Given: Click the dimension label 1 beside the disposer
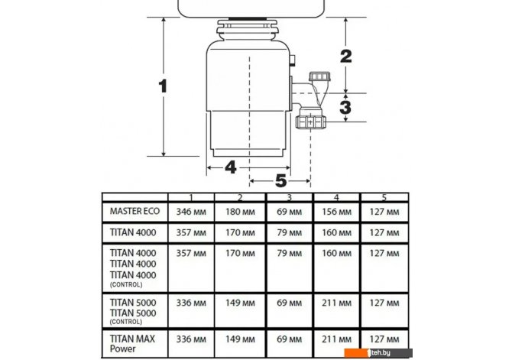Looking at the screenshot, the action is [x=163, y=86].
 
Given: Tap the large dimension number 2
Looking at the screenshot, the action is [x=346, y=57].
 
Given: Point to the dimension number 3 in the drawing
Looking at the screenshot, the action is [x=345, y=107].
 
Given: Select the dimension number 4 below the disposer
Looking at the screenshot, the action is [x=231, y=167].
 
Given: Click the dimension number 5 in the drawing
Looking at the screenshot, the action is [x=280, y=180].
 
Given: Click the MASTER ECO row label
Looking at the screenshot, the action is [x=134, y=212].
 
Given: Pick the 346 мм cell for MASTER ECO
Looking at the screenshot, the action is [x=191, y=212].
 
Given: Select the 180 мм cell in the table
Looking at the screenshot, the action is [x=240, y=212].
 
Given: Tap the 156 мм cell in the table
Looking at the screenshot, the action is [x=336, y=212].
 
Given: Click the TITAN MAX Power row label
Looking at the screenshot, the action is [x=132, y=344].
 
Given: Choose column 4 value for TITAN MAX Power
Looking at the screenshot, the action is [x=336, y=339].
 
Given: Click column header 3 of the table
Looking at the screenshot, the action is [x=289, y=197].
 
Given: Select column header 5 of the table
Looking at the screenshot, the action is [x=384, y=197].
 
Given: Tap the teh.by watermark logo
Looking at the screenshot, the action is [x=378, y=353].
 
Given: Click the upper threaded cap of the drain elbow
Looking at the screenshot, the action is [x=319, y=77].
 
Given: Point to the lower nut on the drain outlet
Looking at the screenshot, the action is [x=310, y=122].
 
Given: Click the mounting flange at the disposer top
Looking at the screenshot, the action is [x=248, y=29].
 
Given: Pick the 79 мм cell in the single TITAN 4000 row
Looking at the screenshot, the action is [x=289, y=233].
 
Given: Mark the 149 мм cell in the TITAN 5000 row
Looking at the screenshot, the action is [x=240, y=303].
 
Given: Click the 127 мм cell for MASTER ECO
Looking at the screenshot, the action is [x=384, y=212].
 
